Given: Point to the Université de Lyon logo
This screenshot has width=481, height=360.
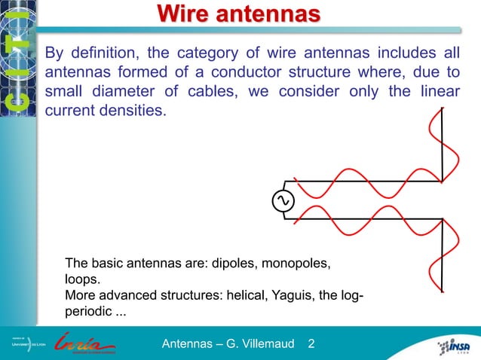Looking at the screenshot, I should pyautogui.click(x=28, y=346).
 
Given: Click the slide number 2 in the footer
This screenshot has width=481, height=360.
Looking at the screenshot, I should pyautogui.click(x=311, y=345).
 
